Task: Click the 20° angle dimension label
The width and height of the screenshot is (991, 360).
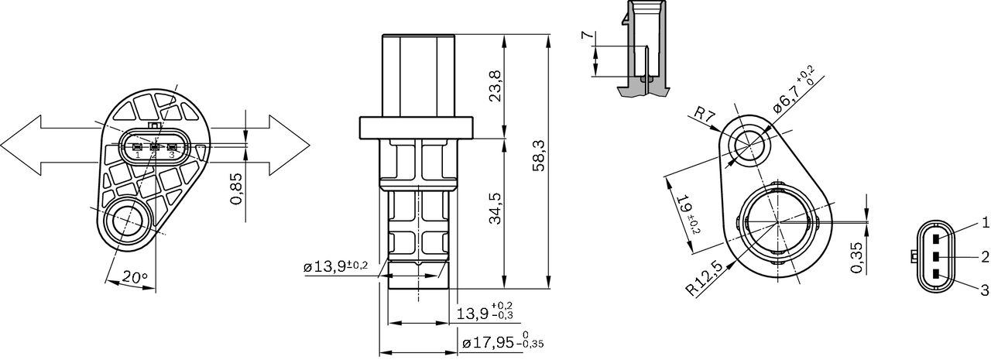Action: coord(135,278)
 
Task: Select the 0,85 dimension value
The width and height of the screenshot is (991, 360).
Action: coord(237,188)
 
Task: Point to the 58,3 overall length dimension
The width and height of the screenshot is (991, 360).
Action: coord(540,156)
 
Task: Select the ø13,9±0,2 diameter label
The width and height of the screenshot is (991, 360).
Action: coord(336,266)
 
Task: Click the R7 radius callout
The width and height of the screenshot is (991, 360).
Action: coord(704,115)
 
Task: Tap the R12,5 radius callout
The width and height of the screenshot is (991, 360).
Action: coord(705,278)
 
